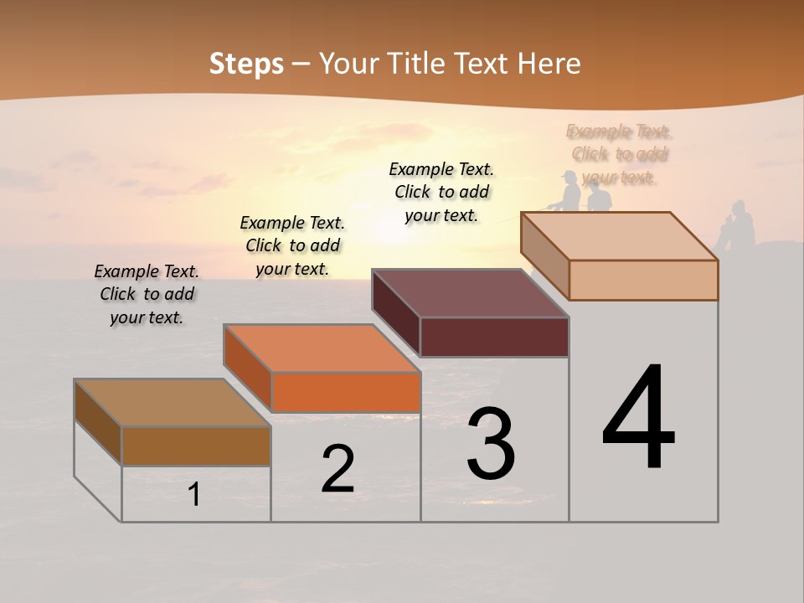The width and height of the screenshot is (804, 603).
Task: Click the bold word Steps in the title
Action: click(245, 64)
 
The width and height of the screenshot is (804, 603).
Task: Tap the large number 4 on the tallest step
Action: click(638, 418)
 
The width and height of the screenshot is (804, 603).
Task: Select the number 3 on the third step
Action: click(491, 443)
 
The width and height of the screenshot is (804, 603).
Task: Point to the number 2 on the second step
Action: click(338, 470)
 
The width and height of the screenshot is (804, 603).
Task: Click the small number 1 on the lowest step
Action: click(194, 495)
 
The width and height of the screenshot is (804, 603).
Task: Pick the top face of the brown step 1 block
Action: click(173, 403)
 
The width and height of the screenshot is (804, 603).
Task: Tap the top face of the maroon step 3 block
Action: click(470, 293)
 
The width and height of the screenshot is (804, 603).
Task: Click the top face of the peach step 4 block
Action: click(619, 236)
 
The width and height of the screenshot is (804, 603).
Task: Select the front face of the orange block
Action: click(346, 392)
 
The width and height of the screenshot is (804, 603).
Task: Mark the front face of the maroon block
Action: click(494, 337)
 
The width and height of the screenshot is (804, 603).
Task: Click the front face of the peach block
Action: click(643, 280)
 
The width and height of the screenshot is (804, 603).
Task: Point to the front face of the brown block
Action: click(196, 446)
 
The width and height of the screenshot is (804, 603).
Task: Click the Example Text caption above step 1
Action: click(147, 294)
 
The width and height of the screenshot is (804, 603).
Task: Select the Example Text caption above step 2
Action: click(292, 245)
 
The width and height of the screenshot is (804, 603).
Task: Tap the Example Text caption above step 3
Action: click(441, 192)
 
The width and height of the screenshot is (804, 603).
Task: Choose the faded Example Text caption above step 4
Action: click(619, 154)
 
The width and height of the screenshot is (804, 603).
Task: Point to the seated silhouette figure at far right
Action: click(737, 224)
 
